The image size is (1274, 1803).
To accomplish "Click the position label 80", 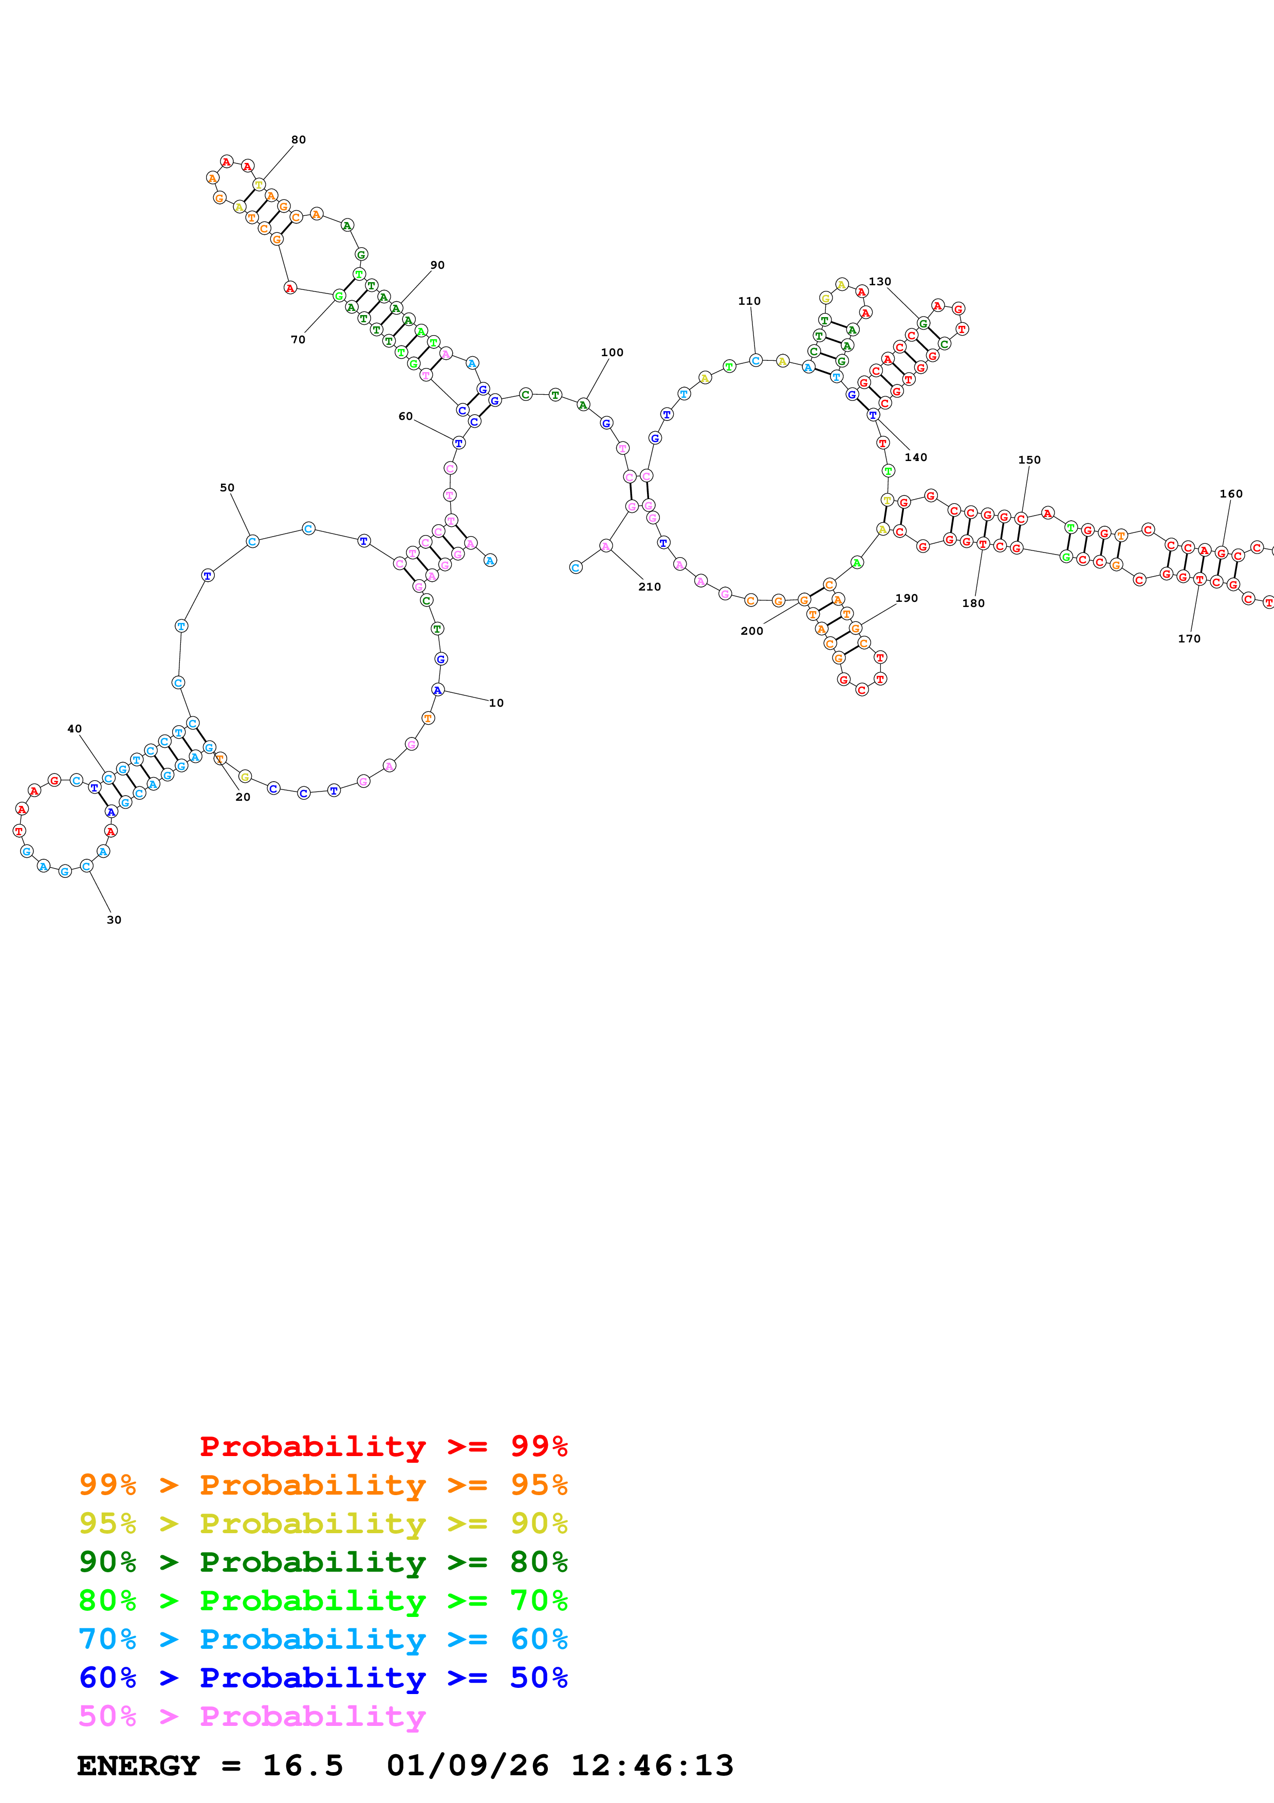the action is coord(298,140).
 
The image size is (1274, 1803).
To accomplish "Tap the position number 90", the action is coord(437,265).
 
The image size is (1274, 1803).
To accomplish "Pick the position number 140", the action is coord(915,457).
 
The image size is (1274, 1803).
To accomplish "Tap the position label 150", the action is coord(1029,459).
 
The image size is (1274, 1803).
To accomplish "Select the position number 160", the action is coord(1231,493).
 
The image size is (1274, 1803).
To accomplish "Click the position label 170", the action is coord(1189,638).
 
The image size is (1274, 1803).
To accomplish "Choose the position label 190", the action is coord(906,598).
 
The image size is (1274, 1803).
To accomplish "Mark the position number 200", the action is coord(751,631).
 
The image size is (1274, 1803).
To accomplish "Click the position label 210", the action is coord(649,586).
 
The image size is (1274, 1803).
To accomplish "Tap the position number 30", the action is coord(114,919).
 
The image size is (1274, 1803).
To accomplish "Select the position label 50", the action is coord(227,488).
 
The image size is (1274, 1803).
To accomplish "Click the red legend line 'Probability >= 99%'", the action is coord(383,1446).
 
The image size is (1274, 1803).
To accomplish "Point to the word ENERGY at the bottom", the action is coord(138,1765).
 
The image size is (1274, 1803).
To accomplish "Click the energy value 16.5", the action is coord(303,1765).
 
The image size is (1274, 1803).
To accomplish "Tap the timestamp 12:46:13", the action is coord(652,1765).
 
